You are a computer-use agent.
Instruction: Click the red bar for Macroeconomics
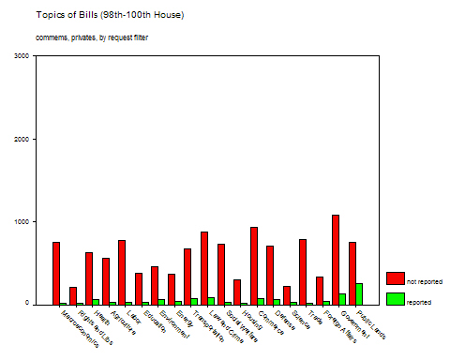coord(56,273)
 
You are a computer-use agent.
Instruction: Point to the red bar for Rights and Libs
coord(73,295)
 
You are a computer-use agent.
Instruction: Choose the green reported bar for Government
coord(343,299)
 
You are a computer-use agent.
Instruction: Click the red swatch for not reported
coord(395,278)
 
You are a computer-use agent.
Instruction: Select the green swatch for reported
coord(395,299)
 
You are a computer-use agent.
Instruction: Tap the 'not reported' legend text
coord(424,281)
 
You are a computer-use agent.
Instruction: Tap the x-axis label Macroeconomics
coord(79,328)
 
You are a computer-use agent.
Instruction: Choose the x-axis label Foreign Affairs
coord(339,326)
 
